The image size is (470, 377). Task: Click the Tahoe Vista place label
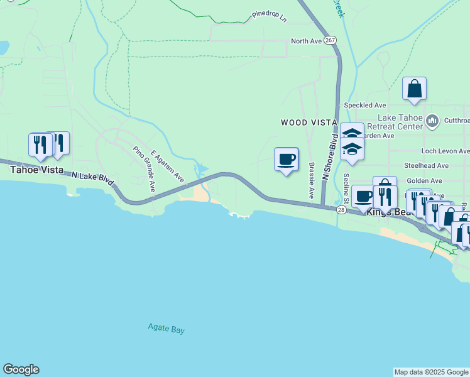point(35,170)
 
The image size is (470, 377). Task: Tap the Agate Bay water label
point(167,328)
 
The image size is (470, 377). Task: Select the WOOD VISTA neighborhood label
point(309,122)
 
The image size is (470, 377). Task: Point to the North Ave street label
point(306,41)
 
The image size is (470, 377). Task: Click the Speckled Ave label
point(364,106)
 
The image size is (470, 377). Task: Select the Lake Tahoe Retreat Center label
point(400,122)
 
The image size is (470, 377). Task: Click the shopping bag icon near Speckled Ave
point(415,89)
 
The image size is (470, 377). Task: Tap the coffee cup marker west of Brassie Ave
point(287,159)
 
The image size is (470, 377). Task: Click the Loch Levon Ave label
point(445,151)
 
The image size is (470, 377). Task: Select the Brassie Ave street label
point(311,181)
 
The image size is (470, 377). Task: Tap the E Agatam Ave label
point(167,166)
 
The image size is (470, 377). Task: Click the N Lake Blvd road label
point(93,179)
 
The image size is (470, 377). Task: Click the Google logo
point(21,369)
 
